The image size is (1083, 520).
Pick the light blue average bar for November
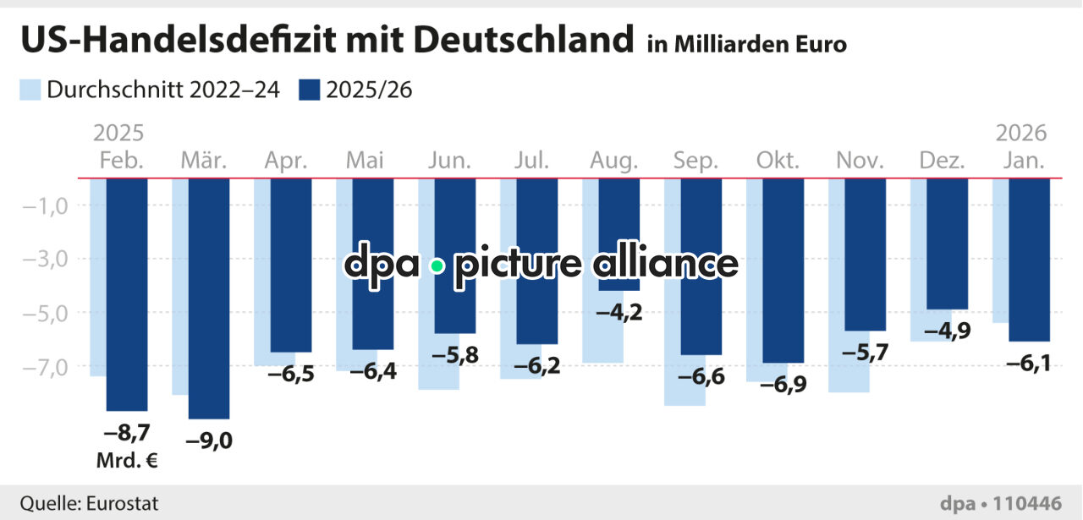[837, 364]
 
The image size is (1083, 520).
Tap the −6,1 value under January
[1029, 363]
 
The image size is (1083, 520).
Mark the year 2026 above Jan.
[1021, 134]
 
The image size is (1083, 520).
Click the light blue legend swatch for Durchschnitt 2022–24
[30, 90]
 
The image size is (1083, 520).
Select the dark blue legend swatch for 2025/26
[310, 90]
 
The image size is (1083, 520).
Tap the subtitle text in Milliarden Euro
[747, 44]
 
